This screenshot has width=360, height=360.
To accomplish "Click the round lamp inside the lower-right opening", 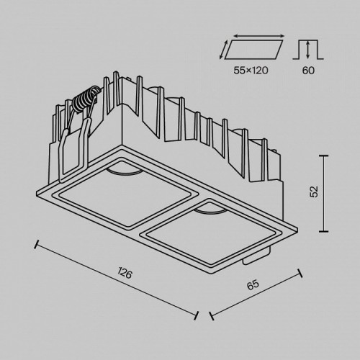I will tap(211, 210).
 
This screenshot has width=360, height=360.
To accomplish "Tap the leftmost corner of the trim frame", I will tap(38, 192).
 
